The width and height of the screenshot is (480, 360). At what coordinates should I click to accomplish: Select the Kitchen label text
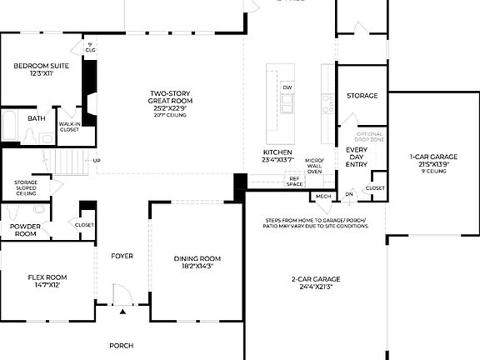[277, 153]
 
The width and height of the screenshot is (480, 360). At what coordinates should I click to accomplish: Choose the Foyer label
[122, 256]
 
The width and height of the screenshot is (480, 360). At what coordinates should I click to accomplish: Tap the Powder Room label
[26, 230]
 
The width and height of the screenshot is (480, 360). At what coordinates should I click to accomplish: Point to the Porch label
[122, 344]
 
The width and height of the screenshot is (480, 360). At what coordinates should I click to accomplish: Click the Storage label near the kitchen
[362, 96]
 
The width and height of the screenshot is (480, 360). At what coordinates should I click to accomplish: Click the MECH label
[322, 197]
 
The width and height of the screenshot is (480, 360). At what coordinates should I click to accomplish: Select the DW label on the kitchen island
[287, 87]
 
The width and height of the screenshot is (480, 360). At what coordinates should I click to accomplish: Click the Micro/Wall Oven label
[314, 165]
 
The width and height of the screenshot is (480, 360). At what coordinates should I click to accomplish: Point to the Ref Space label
[294, 180]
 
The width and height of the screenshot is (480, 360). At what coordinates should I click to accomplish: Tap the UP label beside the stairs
[97, 161]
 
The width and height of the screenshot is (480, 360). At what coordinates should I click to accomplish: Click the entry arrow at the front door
[122, 311]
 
